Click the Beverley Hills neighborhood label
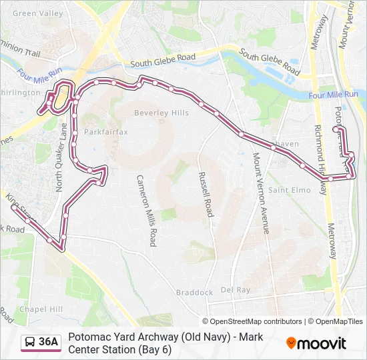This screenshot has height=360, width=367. point(161,113)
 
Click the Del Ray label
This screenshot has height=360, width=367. point(235,290)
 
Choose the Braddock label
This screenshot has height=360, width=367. point(194,293)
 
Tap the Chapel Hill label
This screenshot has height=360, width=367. point(41,309)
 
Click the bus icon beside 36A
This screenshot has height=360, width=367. point(30,343)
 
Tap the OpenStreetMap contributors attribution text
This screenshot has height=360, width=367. point(252,321)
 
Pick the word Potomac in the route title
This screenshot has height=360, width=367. point(89,337)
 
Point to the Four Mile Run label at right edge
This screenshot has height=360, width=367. point(334,95)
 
